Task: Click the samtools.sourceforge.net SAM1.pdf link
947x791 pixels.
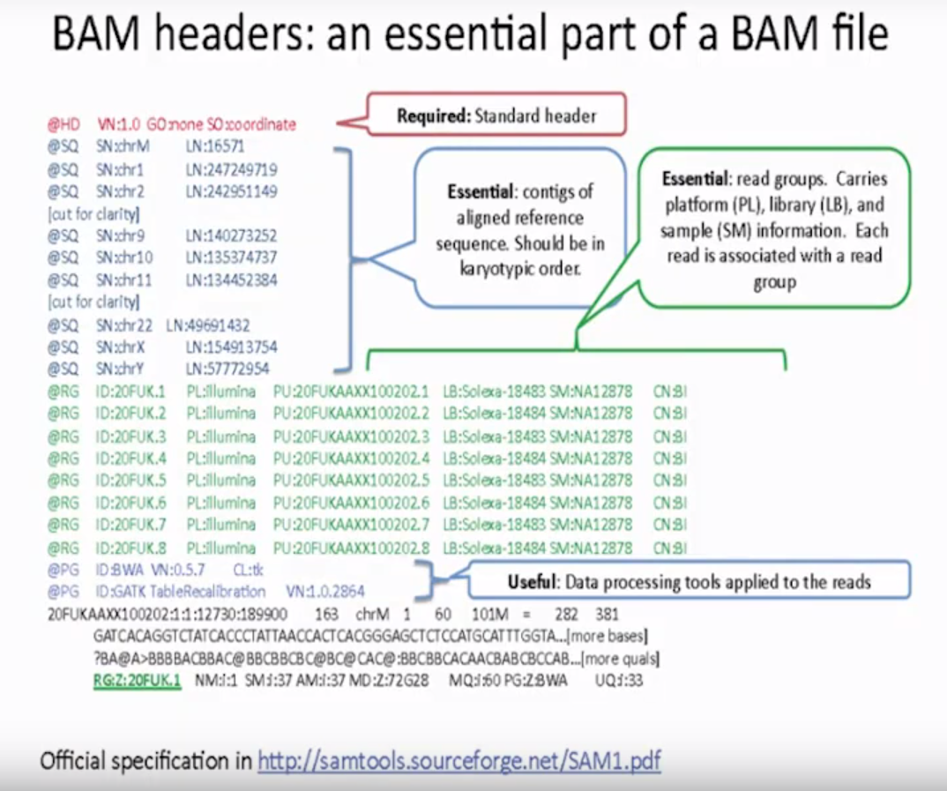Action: point(459,760)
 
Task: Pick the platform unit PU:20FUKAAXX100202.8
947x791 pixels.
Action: point(351,548)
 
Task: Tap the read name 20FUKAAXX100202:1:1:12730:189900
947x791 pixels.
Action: point(167,614)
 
